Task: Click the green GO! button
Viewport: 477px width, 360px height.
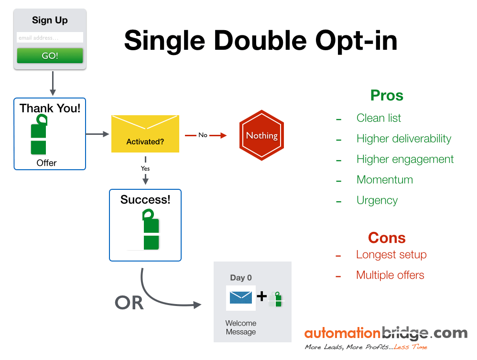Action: coord(50,55)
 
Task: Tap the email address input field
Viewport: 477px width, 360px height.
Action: coord(50,37)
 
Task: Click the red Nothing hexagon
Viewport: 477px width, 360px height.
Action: coord(261,136)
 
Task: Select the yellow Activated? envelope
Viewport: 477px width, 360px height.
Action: coord(145,134)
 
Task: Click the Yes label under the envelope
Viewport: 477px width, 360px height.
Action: coord(145,168)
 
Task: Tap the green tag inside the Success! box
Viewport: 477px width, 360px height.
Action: coord(151,230)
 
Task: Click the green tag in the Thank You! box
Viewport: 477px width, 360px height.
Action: coord(39,134)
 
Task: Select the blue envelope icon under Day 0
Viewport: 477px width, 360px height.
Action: coord(241,298)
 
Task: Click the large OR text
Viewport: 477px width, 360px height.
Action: coord(129,302)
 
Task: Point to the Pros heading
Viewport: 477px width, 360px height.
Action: coord(387,96)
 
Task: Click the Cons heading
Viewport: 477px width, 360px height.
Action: coord(387,238)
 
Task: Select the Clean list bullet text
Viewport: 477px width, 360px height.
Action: coord(379,118)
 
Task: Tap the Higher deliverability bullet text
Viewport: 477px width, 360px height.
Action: coord(403,139)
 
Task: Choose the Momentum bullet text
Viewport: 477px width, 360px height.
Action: coord(384,180)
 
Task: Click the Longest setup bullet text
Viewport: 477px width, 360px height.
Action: coord(391,255)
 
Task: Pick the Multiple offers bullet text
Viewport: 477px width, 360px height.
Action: coord(390,275)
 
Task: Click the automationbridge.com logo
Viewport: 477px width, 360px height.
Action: coord(386,333)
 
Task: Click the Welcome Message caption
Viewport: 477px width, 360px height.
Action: coord(241,327)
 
